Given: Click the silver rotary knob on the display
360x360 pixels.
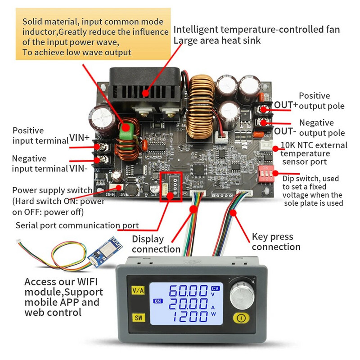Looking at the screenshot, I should (x=241, y=296).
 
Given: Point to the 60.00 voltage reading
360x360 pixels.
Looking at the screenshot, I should (x=189, y=291).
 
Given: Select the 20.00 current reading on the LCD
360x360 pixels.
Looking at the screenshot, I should (x=189, y=304).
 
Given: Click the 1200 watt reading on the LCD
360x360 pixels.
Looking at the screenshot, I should (x=189, y=318).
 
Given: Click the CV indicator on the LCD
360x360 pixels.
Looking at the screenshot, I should (x=216, y=288).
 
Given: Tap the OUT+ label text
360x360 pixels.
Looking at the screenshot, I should (x=286, y=105).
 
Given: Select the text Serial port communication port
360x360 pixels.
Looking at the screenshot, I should (x=77, y=225).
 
